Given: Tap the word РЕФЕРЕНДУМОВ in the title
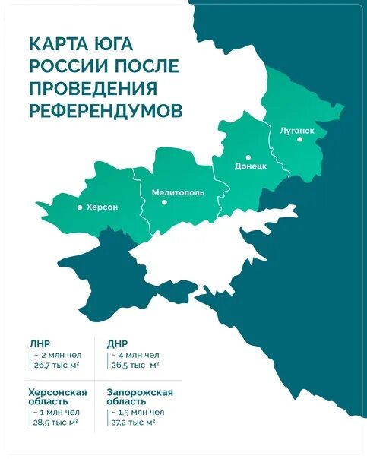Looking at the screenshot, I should [106, 110].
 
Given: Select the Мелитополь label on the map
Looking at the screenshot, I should [178, 193].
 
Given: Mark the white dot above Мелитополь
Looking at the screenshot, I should [177, 182].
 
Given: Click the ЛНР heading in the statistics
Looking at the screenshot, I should [40, 343].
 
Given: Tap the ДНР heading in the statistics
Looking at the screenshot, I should [118, 343].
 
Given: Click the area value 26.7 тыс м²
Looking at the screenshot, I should [59, 366].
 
